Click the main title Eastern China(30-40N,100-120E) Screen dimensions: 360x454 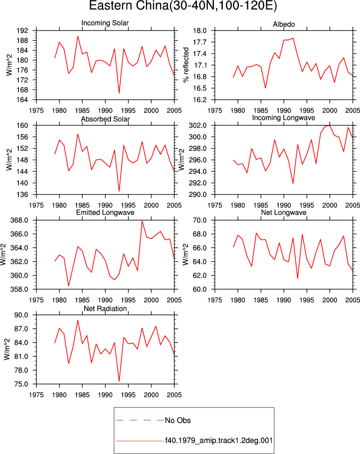[x=183, y=6]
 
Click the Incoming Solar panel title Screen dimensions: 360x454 [x=105, y=23]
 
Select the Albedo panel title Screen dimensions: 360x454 [x=283, y=25]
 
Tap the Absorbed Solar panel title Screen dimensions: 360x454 [x=105, y=119]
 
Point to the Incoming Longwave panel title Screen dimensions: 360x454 [x=283, y=118]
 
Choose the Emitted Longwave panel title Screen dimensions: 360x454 [x=105, y=212]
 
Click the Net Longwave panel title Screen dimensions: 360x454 [x=283, y=212]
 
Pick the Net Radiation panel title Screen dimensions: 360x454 [x=105, y=309]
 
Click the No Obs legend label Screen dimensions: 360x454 [x=178, y=420]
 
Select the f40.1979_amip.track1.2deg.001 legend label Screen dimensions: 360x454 [x=219, y=440]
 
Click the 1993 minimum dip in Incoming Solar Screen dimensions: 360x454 [x=119, y=93]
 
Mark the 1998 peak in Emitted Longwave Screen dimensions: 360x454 [x=142, y=221]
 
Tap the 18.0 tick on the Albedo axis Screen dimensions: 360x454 [x=200, y=31]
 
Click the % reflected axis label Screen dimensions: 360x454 [x=186, y=65]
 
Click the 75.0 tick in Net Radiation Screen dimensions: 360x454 [x=22, y=384]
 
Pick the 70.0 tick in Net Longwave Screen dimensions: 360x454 [x=200, y=220]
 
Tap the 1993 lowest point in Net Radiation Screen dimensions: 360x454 [x=119, y=381]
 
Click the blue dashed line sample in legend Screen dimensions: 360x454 [x=140, y=420]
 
